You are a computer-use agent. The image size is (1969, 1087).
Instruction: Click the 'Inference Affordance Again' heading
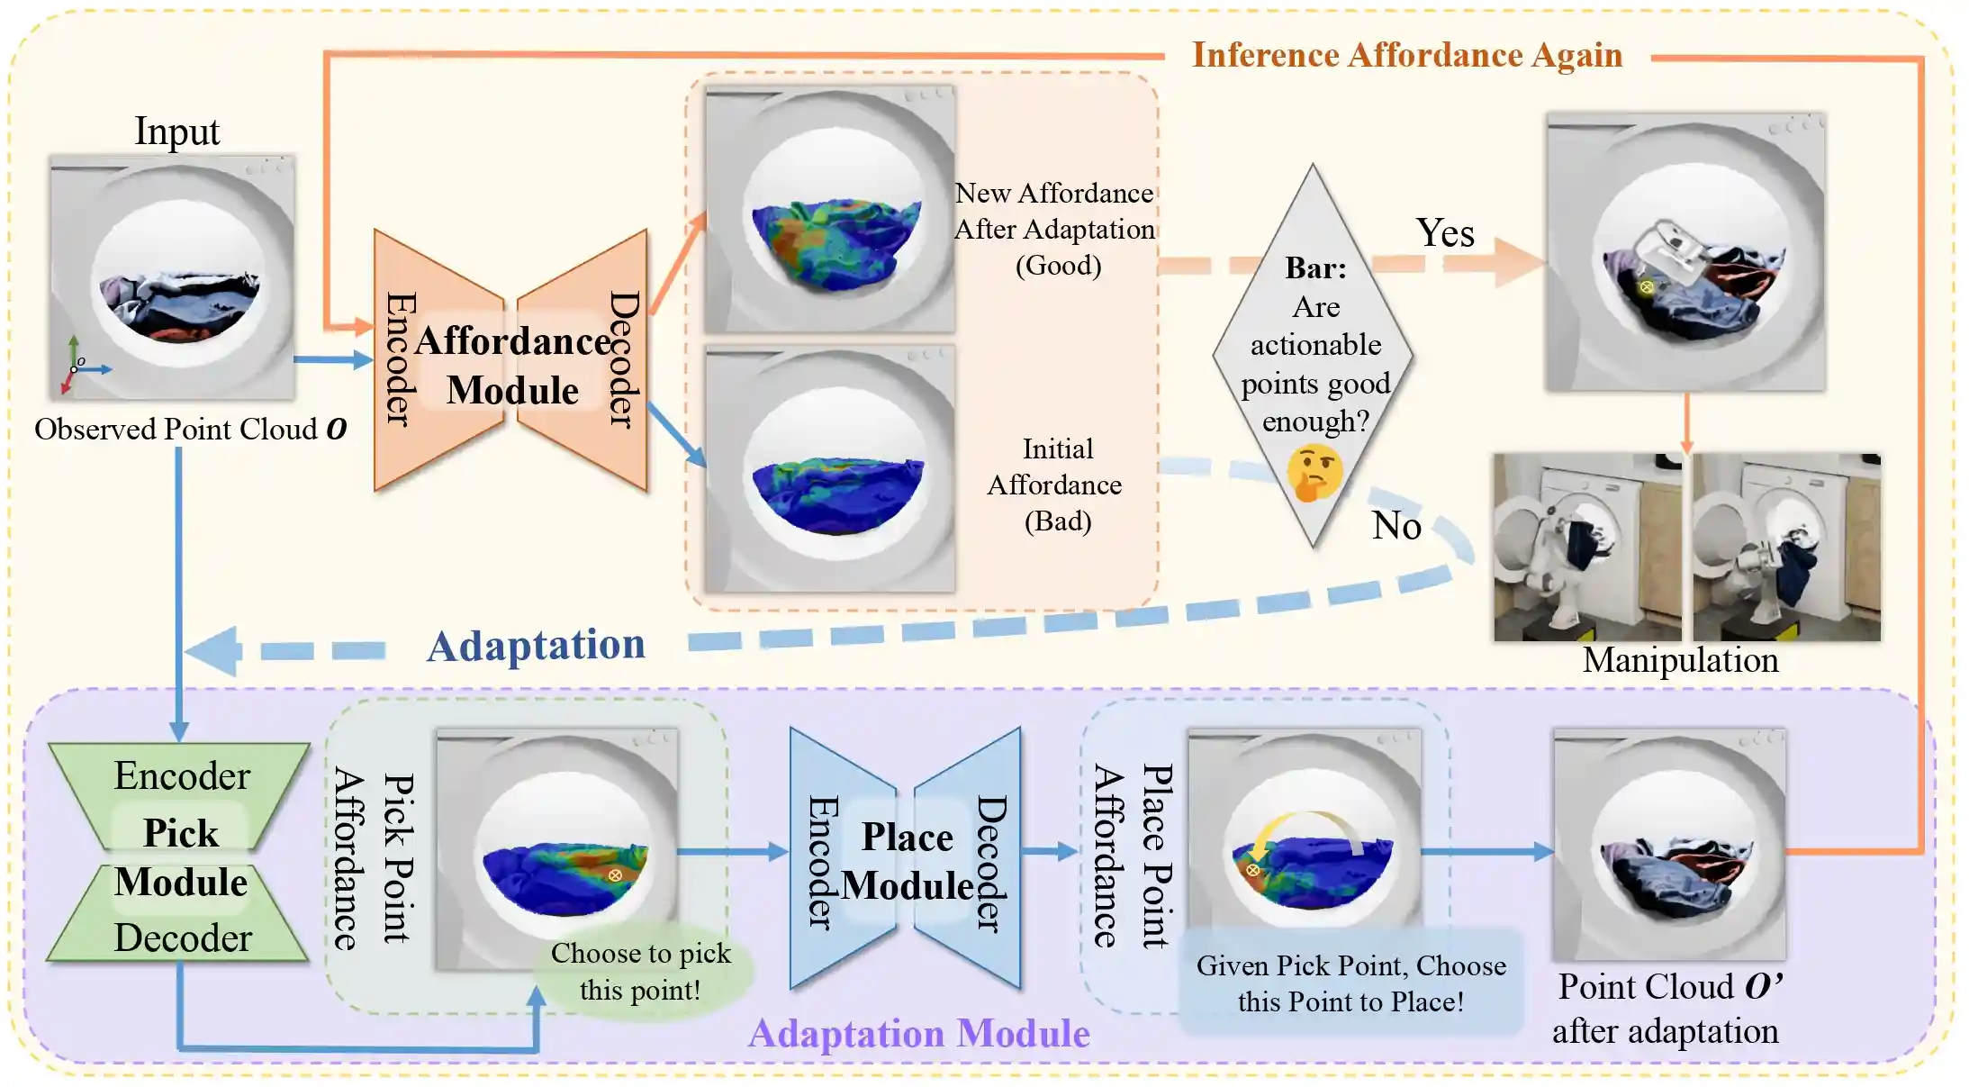tap(1407, 56)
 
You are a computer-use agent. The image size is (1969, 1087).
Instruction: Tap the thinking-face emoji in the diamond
tap(1314, 473)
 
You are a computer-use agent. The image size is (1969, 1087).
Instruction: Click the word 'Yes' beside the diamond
tap(1445, 233)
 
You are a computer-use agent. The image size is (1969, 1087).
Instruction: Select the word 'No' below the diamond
tap(1396, 526)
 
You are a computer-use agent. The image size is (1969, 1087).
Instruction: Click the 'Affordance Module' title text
tap(513, 366)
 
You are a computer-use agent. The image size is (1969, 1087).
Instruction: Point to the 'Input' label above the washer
tap(176, 131)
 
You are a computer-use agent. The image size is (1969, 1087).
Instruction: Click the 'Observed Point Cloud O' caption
tap(190, 430)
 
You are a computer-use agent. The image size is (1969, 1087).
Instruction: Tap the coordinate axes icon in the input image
tap(79, 365)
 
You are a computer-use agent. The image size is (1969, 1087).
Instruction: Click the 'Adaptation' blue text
tap(536, 646)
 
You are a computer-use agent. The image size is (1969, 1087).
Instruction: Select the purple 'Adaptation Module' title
tap(918, 1034)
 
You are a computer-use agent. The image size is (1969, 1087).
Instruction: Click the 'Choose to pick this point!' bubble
tap(640, 972)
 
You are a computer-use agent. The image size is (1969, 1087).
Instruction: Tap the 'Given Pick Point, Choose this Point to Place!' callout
tap(1350, 983)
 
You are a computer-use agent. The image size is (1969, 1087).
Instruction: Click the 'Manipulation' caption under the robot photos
tap(1680, 660)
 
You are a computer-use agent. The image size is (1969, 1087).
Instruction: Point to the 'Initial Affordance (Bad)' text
tap(1056, 485)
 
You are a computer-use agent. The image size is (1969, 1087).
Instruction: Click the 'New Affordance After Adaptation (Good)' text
tap(1055, 230)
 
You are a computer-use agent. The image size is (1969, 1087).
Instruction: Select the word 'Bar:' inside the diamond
tap(1315, 268)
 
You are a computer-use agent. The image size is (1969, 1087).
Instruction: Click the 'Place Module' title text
tap(908, 862)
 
